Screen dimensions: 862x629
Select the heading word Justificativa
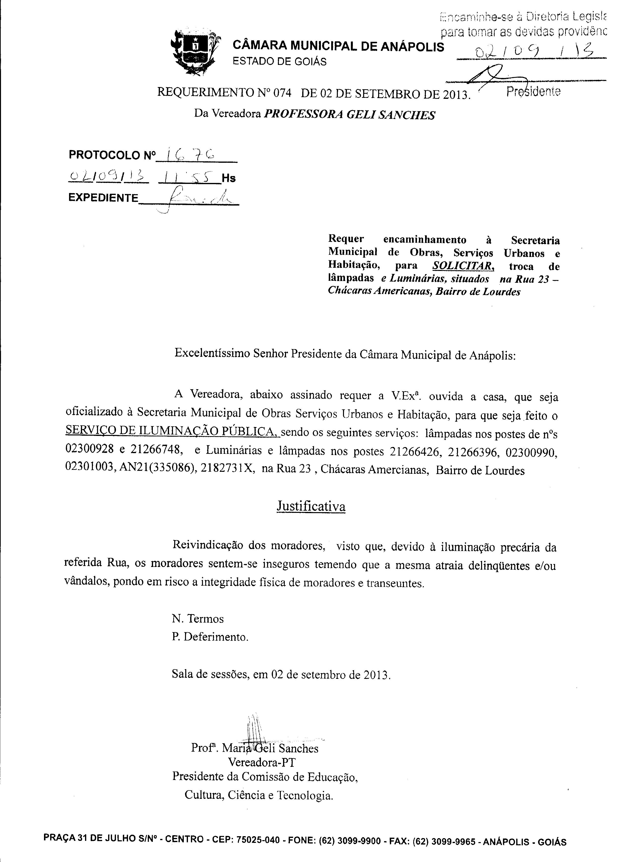311,506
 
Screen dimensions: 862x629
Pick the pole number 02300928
89,450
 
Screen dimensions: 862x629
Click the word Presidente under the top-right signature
533,92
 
